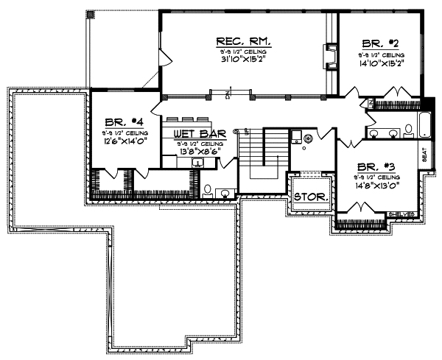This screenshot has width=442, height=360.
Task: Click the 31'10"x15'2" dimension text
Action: (x=242, y=61)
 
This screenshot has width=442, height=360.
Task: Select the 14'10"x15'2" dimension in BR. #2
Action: (x=380, y=63)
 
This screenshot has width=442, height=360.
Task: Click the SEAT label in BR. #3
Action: (x=424, y=154)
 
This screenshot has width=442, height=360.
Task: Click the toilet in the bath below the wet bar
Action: (x=208, y=190)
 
